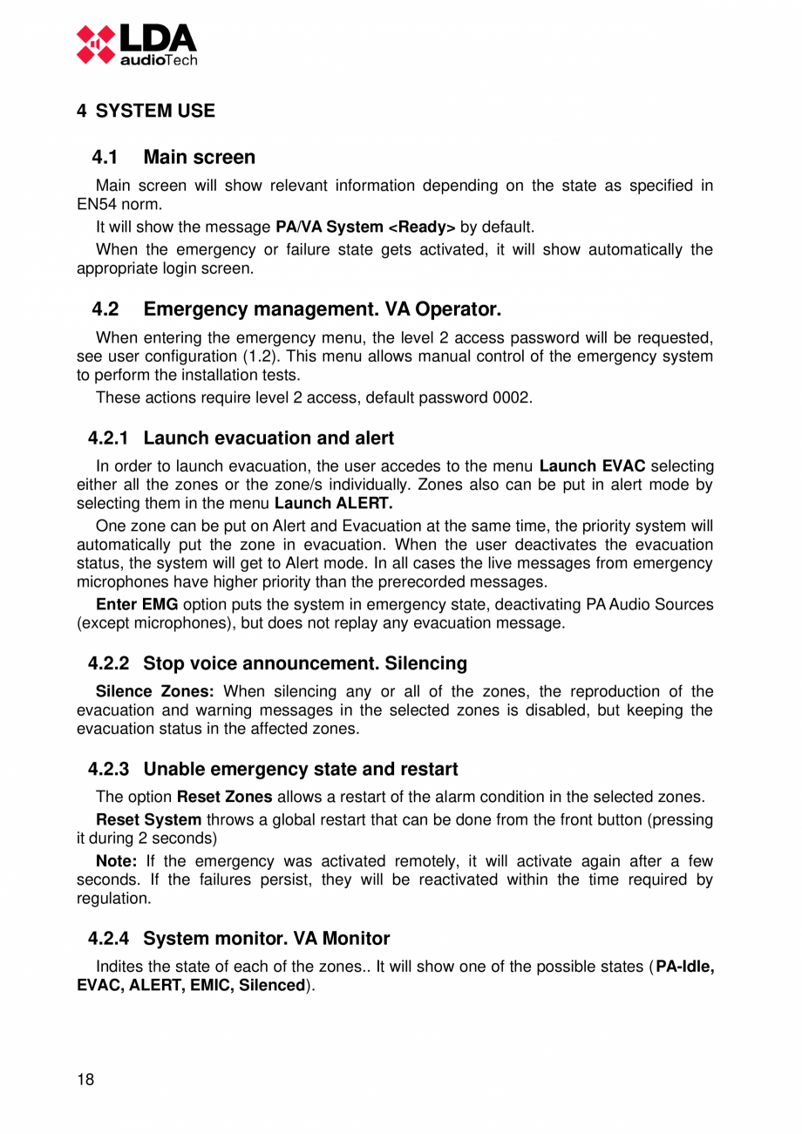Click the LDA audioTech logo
tap(136, 44)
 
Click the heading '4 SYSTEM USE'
tap(146, 112)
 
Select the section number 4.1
tap(105, 158)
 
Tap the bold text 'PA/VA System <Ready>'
tap(364, 227)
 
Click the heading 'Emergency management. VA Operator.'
tap(322, 309)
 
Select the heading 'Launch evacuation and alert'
tap(268, 438)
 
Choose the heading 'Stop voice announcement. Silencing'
tap(304, 663)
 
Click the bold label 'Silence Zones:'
tap(154, 692)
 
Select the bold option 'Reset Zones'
tap(224, 798)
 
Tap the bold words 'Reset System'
tap(148, 820)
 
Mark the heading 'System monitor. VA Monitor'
tap(266, 939)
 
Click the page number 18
tap(85, 1081)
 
